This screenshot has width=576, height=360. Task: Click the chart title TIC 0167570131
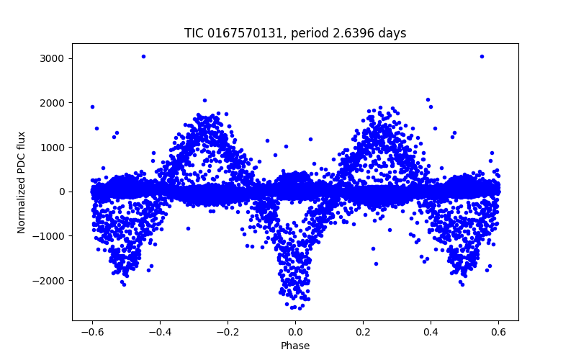coord(230,33)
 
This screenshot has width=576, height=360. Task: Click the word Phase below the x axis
coord(295,346)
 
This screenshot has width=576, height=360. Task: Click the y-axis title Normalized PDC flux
coord(22,181)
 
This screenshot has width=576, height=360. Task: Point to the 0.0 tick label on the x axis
coord(295,332)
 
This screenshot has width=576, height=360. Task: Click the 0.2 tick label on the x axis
coord(363,332)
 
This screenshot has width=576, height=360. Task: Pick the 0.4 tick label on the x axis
coord(431,332)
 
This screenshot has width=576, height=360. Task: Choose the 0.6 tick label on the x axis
coord(499,332)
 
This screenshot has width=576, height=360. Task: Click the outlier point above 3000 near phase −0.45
coord(143,56)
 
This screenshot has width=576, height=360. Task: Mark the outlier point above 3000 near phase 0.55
coord(482,56)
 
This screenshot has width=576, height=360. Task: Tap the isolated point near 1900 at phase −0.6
coord(92,107)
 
